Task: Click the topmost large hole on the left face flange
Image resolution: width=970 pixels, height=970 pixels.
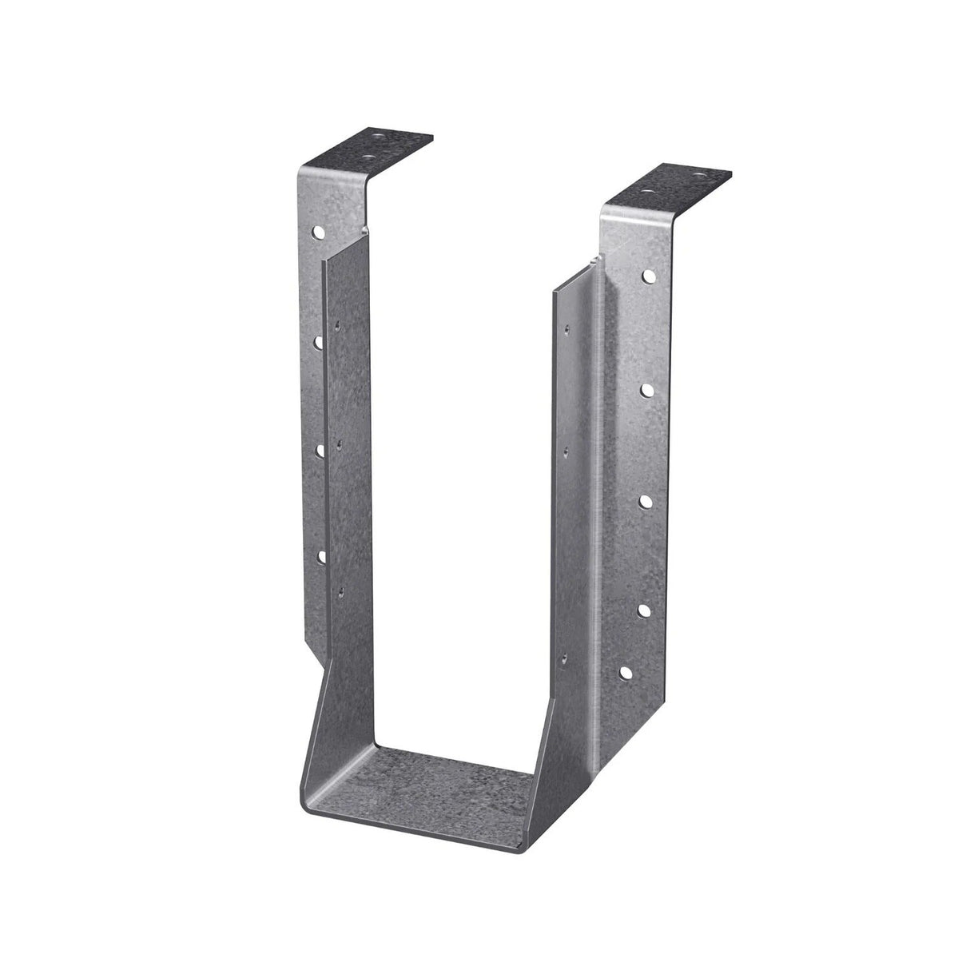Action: pos(319,233)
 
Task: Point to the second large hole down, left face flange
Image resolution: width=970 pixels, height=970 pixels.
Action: pos(318,341)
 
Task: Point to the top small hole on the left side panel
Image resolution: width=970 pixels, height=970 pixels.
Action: pos(340,325)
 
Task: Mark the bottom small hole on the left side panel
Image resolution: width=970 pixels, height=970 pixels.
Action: pos(341,590)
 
